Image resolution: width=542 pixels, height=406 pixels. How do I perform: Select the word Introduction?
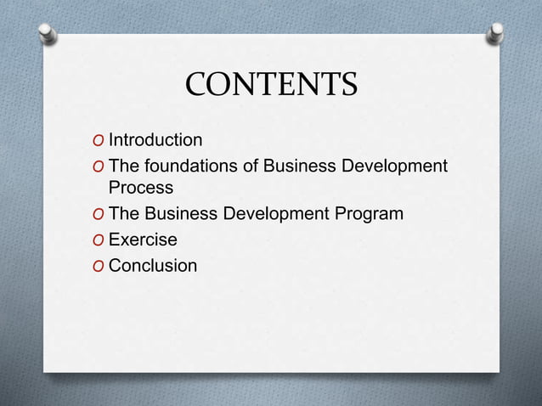tap(155, 139)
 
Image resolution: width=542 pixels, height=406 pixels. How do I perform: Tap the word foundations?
tap(191, 165)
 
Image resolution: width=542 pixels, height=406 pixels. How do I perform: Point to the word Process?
tap(141, 187)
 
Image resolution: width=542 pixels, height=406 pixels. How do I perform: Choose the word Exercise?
tap(143, 240)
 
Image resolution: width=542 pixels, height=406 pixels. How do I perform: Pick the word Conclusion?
tap(153, 266)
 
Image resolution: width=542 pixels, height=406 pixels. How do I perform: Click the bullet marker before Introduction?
tap(100, 140)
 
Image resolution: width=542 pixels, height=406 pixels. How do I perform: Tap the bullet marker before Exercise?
tap(100, 240)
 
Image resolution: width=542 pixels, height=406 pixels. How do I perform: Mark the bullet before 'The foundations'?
tap(100, 166)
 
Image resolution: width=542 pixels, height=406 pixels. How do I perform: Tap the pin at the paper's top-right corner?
tap(495, 33)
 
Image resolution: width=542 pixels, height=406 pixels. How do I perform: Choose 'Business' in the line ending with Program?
tap(181, 213)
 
